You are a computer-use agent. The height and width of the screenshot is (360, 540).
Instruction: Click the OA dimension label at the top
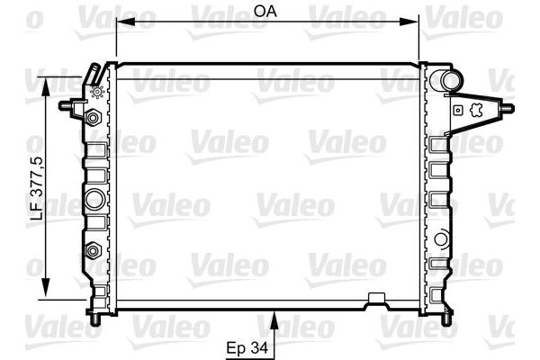pos(264,11)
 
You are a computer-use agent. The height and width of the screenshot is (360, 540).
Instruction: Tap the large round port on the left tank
pos(94,198)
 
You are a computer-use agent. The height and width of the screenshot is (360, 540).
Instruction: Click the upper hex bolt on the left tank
pos(92,117)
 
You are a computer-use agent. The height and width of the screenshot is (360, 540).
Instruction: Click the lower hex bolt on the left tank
pos(92,249)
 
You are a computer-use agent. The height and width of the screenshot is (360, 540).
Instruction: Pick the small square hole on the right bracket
pos(457,110)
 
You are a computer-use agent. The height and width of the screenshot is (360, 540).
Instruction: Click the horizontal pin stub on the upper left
pos(67,106)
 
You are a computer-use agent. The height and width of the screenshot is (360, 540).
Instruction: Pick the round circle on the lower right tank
pos(441,239)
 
